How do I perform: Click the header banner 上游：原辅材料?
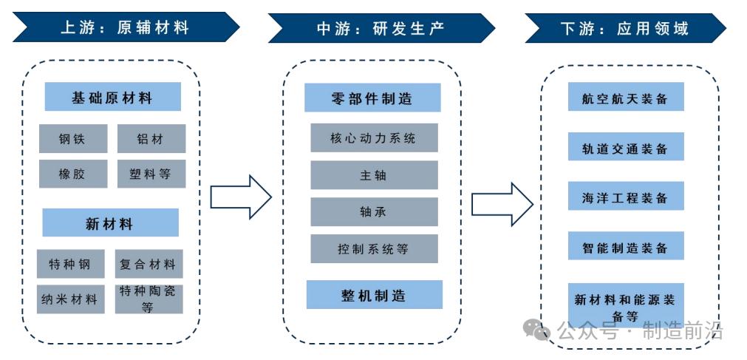tap(125, 28)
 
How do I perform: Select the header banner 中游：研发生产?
tap(381, 28)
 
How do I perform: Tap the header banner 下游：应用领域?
tap(624, 28)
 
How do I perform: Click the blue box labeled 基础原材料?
tap(112, 97)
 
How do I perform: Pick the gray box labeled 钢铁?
tap(72, 138)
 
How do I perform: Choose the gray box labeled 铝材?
tap(151, 138)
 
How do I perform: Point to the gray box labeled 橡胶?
tap(72, 174)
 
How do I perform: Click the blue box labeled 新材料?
tap(110, 223)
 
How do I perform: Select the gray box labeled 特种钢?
tap(70, 264)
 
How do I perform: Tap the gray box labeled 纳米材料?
tap(70, 299)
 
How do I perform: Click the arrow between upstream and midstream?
tap(241, 197)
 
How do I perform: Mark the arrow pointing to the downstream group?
tap(502, 203)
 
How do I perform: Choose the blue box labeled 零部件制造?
tap(372, 98)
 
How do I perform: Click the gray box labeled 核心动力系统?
tap(374, 137)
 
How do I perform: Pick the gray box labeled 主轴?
tap(374, 175)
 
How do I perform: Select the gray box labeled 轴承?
tap(374, 212)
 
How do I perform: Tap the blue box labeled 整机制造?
tap(374, 295)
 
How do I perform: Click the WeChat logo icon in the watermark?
tap(537, 329)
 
